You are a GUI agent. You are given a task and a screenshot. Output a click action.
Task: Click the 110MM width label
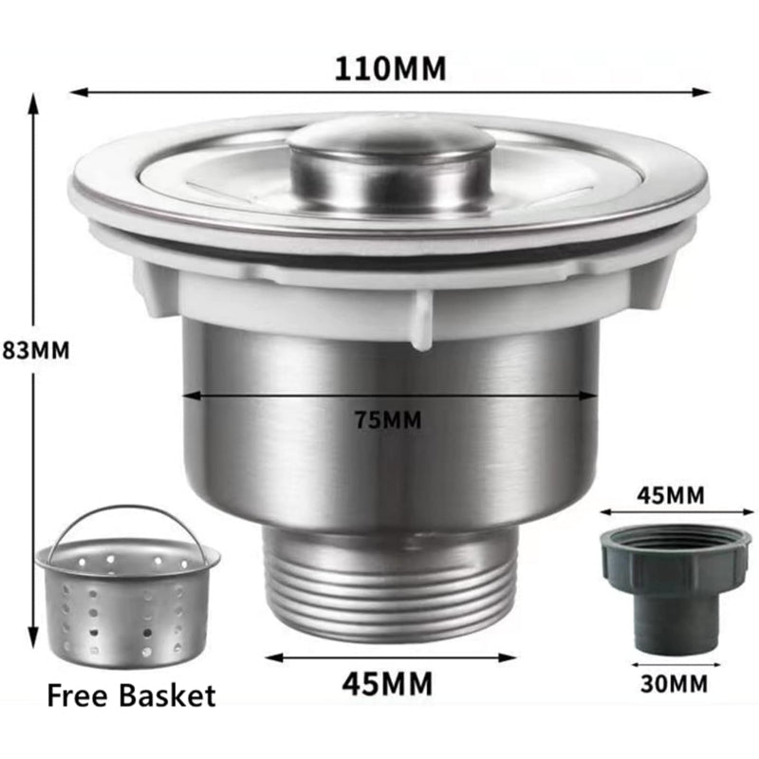tap(390, 68)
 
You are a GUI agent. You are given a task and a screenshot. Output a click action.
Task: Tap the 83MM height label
tap(35, 350)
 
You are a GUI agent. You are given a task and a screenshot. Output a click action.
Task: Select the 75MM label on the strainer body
tap(388, 419)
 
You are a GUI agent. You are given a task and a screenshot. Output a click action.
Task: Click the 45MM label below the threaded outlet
tap(387, 683)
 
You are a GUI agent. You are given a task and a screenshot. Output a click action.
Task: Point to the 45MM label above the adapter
tap(671, 495)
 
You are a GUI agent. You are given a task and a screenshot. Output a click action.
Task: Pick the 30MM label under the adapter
tap(674, 683)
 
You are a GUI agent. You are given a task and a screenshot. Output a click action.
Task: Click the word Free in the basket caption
tap(77, 695)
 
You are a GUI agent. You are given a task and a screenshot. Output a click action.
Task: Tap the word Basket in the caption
tap(167, 695)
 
